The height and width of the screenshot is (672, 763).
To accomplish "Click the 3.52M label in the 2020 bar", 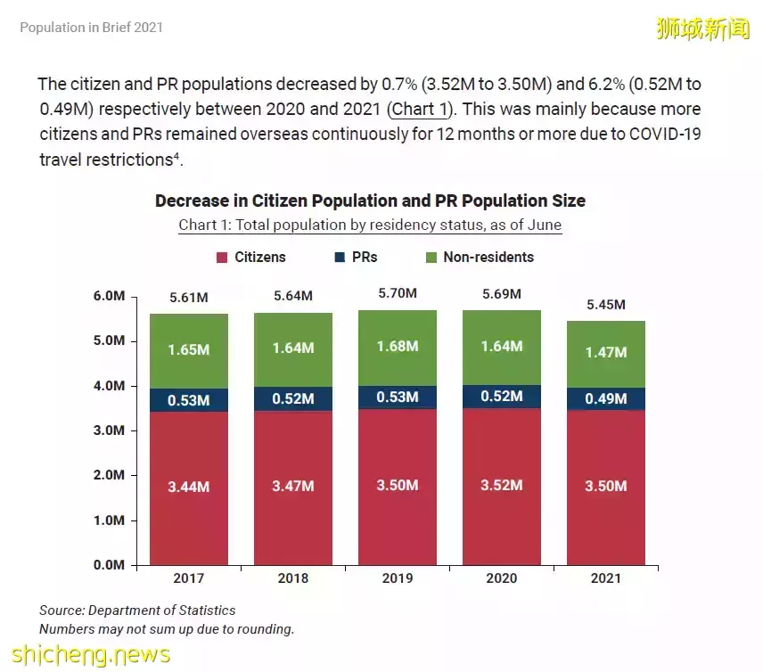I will coord(502,486).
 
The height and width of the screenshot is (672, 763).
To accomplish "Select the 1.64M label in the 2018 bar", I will coord(293,348).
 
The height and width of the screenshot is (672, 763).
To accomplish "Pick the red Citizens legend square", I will coord(222,258).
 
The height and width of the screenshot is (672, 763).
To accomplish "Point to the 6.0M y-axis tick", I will coord(109,297).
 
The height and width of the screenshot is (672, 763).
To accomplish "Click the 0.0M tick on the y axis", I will coord(109,565).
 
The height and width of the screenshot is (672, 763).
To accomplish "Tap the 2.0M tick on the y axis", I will coord(109,476).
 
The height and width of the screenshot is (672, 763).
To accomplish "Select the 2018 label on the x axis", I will coord(293,578).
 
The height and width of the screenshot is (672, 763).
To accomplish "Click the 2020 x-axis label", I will coord(502,578).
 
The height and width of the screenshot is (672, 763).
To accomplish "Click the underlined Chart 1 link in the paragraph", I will coord(419,110).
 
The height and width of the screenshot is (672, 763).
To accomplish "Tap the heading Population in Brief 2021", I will coord(91,28).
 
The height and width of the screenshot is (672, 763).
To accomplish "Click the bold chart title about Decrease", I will coord(370,201).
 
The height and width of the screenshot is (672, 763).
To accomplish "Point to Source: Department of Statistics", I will coord(137,611).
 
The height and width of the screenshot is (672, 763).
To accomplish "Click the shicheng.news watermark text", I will coord(86,654).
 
